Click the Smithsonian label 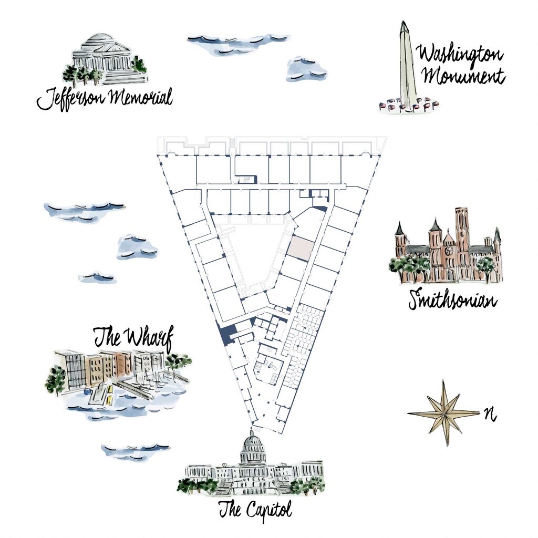click(x=452, y=299)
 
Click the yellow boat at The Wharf click(x=109, y=399)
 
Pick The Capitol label click(x=255, y=509)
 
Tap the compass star click(x=444, y=413)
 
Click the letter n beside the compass click(x=491, y=415)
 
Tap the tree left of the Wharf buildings click(x=56, y=380)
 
